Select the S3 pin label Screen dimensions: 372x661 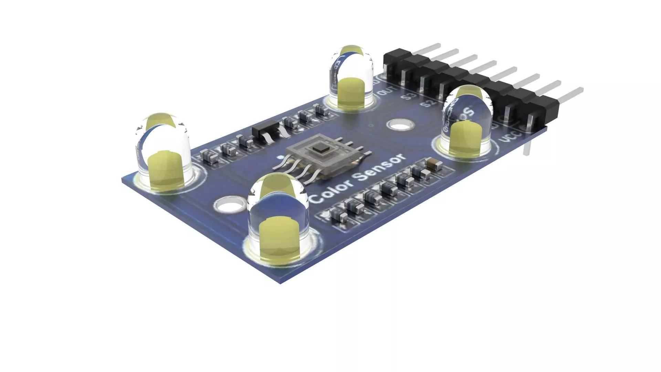(x=409, y=96)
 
